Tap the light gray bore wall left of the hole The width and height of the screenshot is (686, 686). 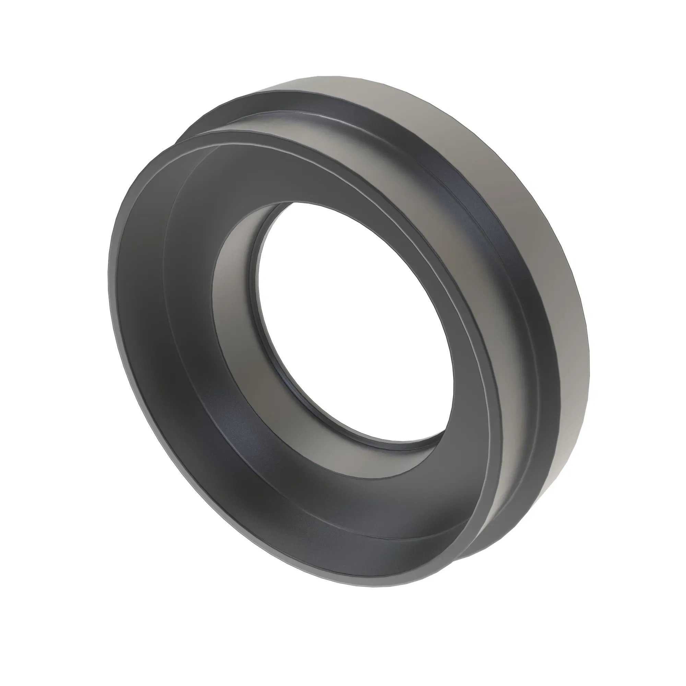[234, 284]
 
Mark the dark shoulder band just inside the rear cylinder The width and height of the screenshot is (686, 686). [511, 284]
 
